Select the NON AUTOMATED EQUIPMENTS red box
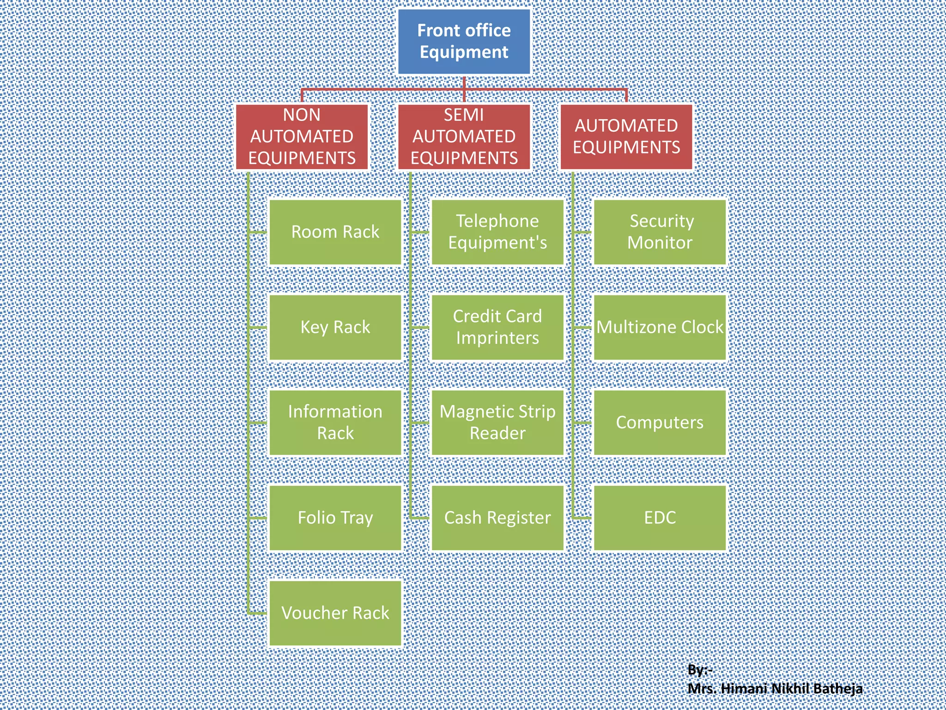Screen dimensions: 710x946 (302, 137)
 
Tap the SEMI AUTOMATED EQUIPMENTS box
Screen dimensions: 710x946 (464, 137)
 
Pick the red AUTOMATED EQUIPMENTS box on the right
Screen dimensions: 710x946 (626, 137)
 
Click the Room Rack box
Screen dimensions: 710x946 (335, 232)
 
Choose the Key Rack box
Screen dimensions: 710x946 (335, 327)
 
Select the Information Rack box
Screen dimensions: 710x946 (335, 422)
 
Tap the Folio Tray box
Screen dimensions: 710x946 (335, 518)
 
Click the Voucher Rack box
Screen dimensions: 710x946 (335, 613)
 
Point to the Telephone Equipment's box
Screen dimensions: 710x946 (497, 232)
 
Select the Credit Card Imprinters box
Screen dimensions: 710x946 (497, 327)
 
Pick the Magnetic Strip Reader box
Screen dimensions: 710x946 (497, 422)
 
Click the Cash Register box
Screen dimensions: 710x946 (497, 518)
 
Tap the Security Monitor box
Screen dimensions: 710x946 (660, 232)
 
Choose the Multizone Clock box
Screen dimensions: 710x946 (660, 327)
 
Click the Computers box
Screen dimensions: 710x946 (660, 422)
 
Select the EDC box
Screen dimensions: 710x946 (660, 518)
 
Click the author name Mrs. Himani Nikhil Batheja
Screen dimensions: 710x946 (775, 689)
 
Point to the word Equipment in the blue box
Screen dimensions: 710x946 (464, 52)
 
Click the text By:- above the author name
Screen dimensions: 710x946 (699, 669)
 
